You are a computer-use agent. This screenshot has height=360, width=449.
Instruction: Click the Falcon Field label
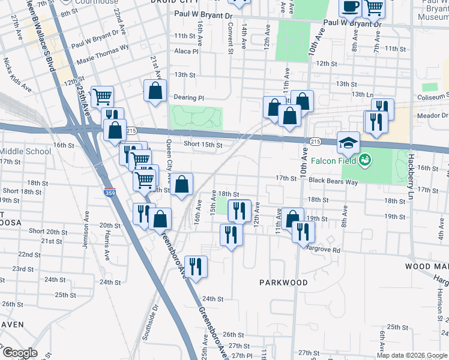tap(334, 161)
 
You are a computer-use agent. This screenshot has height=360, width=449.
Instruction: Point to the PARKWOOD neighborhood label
tap(283, 282)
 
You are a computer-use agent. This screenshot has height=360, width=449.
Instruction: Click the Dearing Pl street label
tap(188, 97)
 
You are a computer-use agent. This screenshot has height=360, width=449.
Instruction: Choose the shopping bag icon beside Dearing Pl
tap(155, 91)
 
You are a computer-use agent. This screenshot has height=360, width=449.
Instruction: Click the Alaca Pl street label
tap(186, 52)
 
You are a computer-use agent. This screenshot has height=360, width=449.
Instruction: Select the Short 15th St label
tap(203, 145)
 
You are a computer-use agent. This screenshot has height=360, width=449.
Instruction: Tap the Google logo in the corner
tap(19, 353)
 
